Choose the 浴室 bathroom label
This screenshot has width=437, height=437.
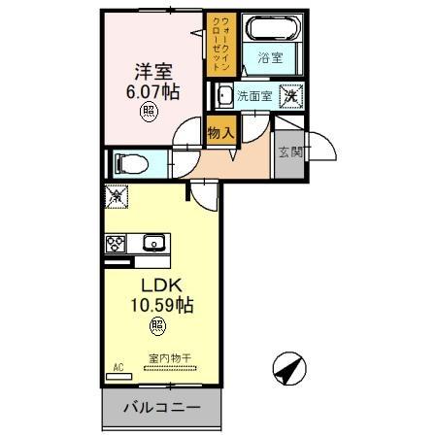(x=271, y=58)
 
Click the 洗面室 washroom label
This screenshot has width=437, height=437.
(x=255, y=96)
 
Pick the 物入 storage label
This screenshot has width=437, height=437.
(x=220, y=132)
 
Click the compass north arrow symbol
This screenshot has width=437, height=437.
(x=290, y=369)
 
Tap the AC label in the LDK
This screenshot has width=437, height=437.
(x=118, y=367)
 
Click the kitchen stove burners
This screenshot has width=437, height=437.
(x=117, y=244)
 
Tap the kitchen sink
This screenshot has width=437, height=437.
(x=152, y=243)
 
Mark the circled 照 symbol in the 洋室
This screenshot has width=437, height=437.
(x=149, y=112)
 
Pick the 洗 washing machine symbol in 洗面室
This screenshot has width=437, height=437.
(x=288, y=95)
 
